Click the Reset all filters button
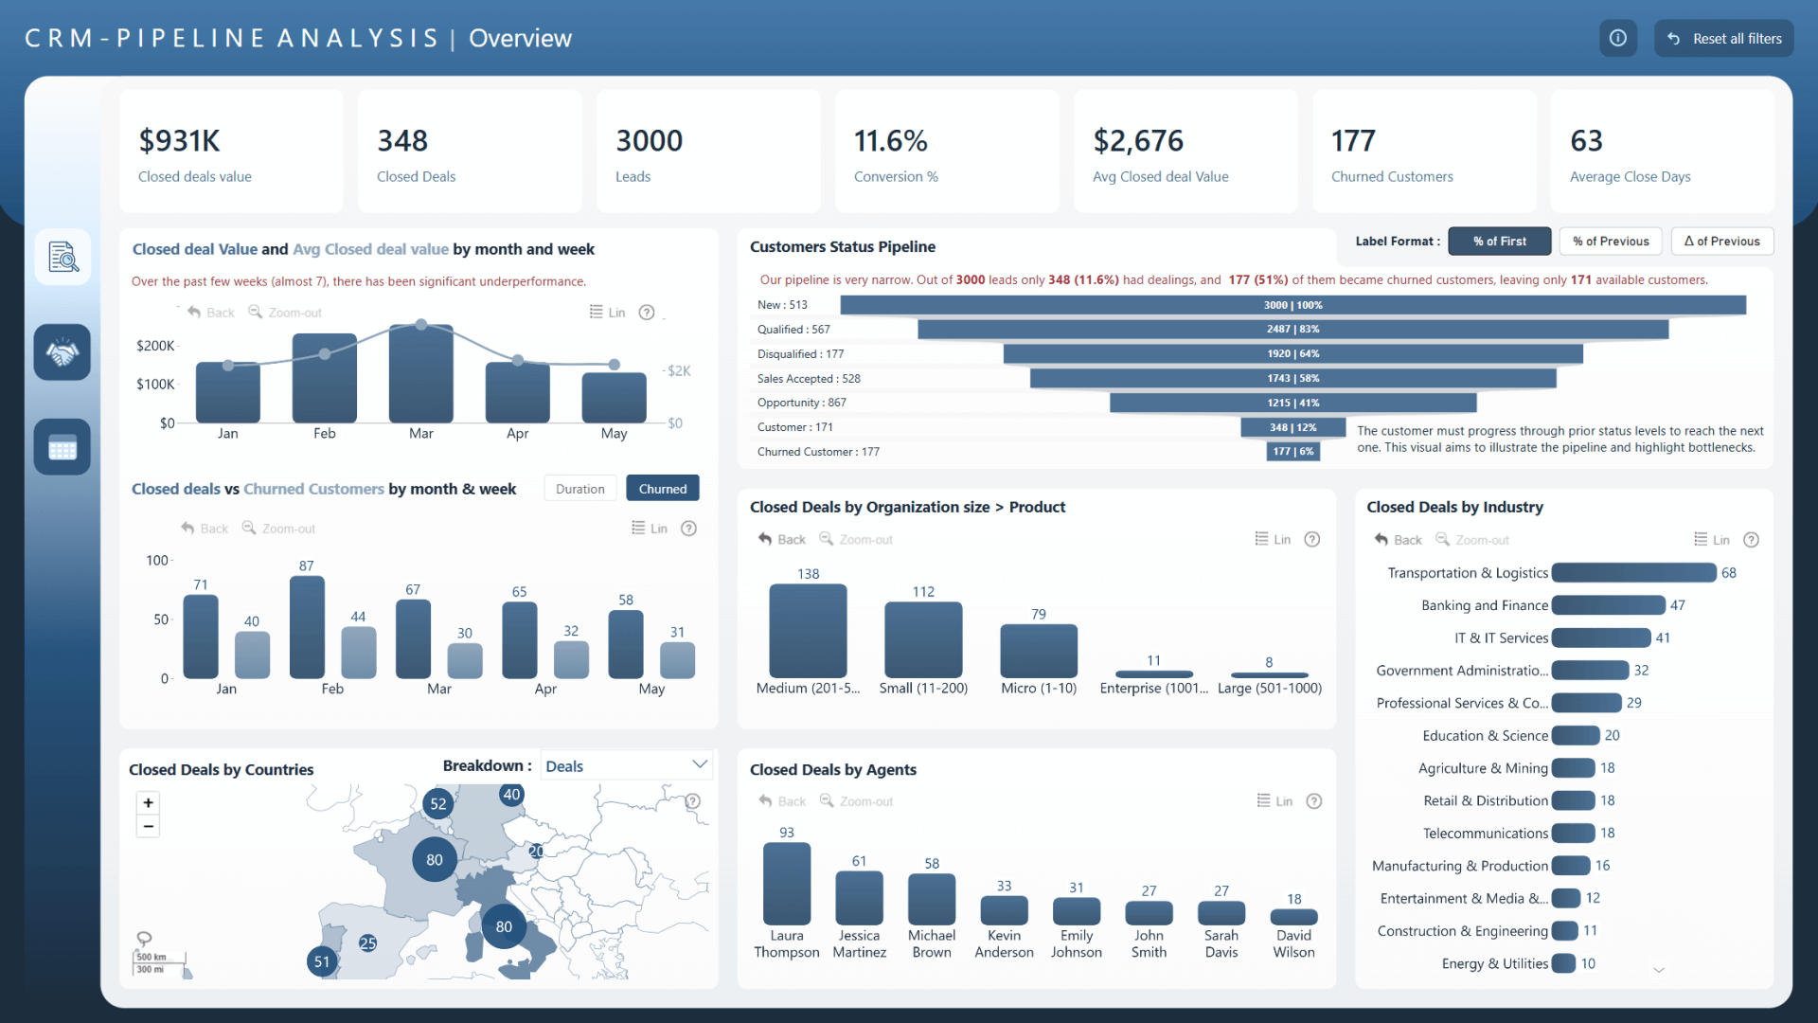point(1723,39)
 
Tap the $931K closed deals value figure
point(180,141)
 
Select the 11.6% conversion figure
point(890,141)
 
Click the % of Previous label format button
point(1611,242)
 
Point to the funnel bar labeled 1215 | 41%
point(1292,403)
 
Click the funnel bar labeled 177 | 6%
point(1292,452)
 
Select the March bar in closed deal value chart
point(420,374)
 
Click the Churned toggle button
point(662,489)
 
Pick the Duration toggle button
point(579,489)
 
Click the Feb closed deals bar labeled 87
point(307,627)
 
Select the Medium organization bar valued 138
point(808,630)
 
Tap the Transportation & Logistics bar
point(1633,573)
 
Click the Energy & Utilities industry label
point(1494,963)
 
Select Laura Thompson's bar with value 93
point(787,883)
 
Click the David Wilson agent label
point(1293,943)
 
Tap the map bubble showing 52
point(437,804)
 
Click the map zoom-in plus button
point(149,803)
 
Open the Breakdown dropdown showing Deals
point(626,765)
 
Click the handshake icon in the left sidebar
point(62,352)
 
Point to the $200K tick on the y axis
point(155,346)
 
